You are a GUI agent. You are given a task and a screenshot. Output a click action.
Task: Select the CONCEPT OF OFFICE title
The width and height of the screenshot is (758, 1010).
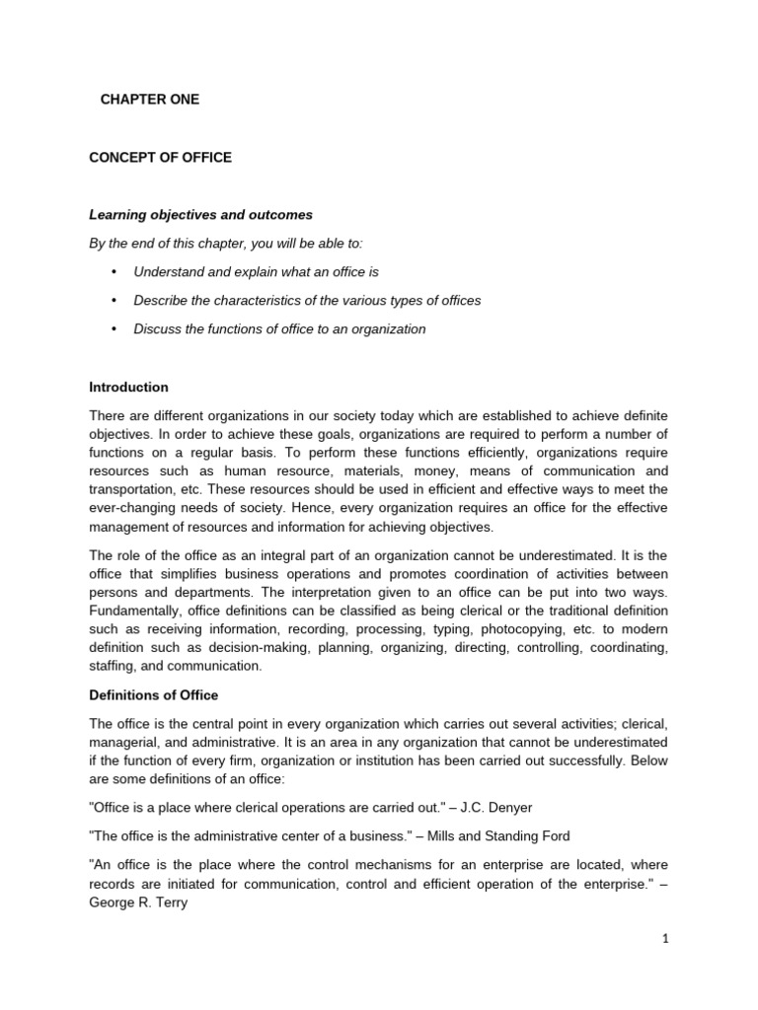[161, 158]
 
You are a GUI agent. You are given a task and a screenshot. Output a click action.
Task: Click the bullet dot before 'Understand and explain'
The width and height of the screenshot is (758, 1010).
[114, 271]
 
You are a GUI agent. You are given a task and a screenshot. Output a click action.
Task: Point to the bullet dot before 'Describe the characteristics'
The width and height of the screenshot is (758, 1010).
[114, 300]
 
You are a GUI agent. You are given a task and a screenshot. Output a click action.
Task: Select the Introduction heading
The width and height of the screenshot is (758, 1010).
[129, 387]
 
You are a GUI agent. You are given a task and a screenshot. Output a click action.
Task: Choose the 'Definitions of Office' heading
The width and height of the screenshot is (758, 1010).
[154, 695]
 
